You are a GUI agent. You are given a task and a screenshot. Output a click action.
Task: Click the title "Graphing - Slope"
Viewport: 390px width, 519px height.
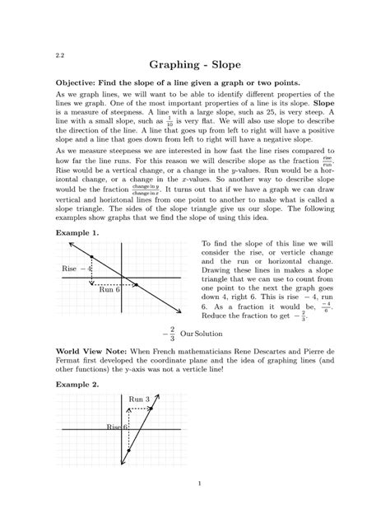point(195,64)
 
